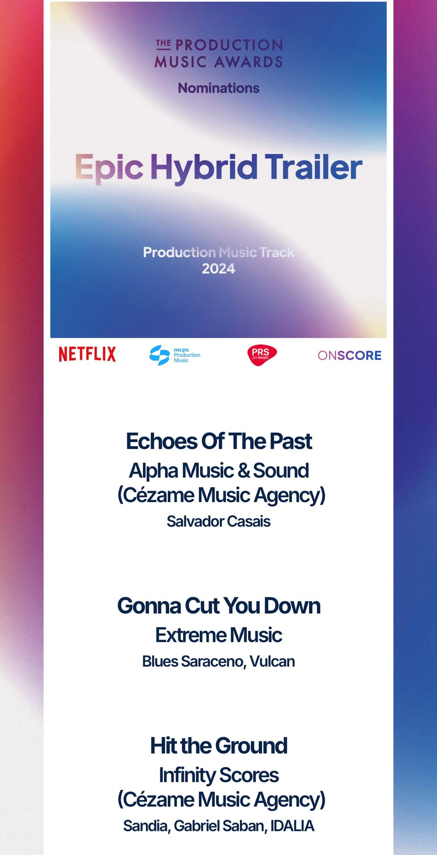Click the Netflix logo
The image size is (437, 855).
coord(87,354)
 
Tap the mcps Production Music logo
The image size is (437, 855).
coord(175,355)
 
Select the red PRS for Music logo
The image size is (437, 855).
coord(262,355)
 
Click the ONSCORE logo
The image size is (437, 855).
coord(350,356)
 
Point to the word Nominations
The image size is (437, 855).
coord(218,88)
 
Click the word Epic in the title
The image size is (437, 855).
coord(109,168)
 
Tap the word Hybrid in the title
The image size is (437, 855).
coord(204,168)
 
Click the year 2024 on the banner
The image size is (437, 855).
coord(218,269)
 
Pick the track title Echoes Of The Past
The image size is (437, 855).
coord(219,441)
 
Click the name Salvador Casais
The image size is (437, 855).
coord(218,521)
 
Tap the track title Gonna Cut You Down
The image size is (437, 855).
coord(219,606)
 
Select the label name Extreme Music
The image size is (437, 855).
coord(219,635)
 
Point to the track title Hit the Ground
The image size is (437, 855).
coord(219,746)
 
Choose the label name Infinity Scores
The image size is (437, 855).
coord(219,775)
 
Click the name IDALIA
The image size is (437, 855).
coord(292,826)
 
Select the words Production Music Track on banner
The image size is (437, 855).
coord(218,252)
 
